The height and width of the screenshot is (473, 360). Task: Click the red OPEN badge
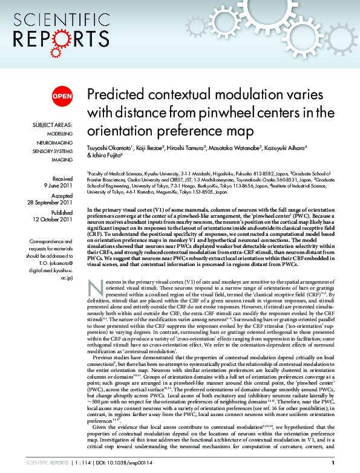coord(62,96)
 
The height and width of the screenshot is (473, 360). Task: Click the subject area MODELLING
coord(60,134)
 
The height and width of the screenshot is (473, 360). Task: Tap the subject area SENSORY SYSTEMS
coord(53,151)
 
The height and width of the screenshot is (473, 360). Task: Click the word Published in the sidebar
coord(61,214)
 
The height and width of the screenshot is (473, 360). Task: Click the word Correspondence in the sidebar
coord(51,241)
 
